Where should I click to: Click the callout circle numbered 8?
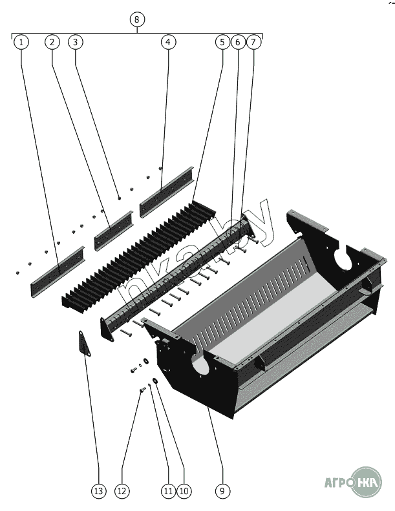tap(136, 19)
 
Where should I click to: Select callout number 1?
tap(21, 42)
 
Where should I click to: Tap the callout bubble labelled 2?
tap(52, 42)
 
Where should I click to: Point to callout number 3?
tap(76, 42)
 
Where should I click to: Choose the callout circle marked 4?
tap(168, 42)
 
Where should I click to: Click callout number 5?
tap(222, 42)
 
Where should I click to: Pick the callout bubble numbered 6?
tap(238, 42)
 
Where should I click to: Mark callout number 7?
tap(253, 42)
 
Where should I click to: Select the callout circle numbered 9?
tap(222, 491)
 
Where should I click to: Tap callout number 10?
tap(184, 491)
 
